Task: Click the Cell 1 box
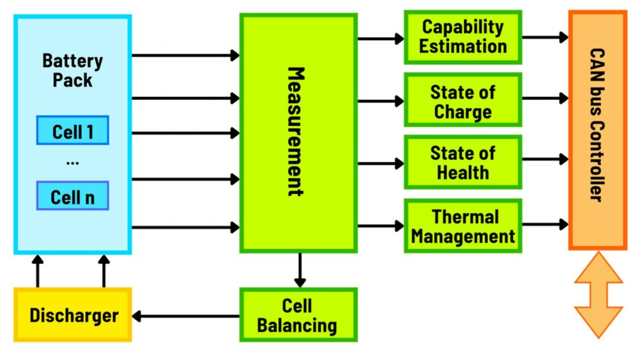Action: (x=72, y=131)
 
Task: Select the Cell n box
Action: (x=72, y=196)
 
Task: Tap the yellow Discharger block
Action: (x=72, y=314)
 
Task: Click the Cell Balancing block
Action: (x=298, y=315)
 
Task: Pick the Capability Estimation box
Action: (x=463, y=36)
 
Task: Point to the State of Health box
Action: (x=463, y=162)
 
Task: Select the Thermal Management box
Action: (x=463, y=226)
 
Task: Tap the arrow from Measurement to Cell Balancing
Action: (x=300, y=270)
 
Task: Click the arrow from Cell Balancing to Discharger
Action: (x=186, y=316)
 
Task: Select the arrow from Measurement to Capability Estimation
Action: (x=381, y=38)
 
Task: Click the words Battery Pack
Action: (x=72, y=70)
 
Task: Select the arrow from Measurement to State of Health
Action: (x=381, y=163)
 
